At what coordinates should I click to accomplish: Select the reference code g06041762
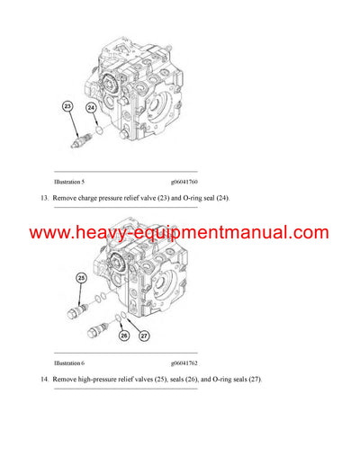184,363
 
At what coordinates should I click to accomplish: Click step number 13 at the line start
43,198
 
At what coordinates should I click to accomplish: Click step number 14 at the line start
43,379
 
